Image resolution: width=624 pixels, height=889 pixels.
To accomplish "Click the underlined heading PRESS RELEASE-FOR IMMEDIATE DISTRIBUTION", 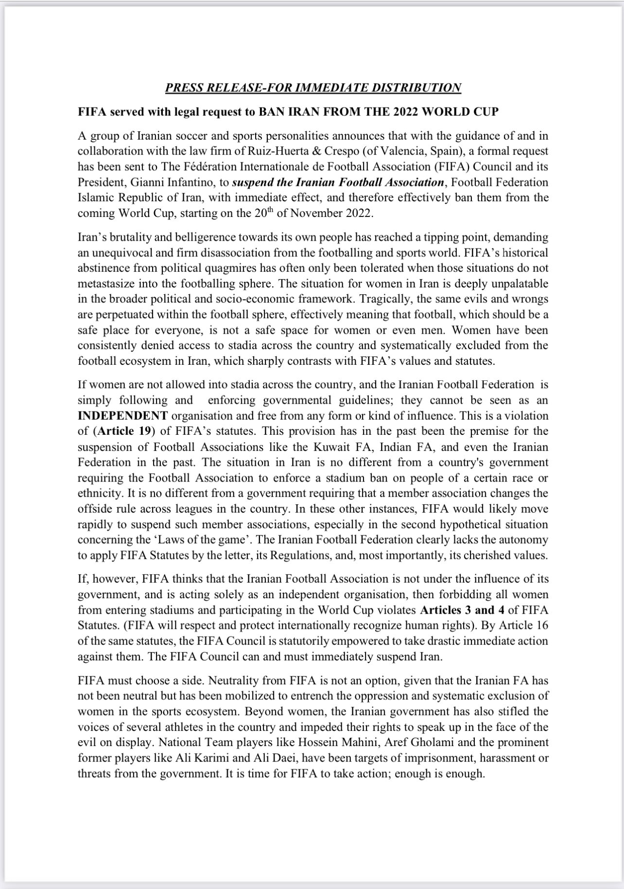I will [313, 88].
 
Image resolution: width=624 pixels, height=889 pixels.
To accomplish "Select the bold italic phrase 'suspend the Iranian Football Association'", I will [338, 182].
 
